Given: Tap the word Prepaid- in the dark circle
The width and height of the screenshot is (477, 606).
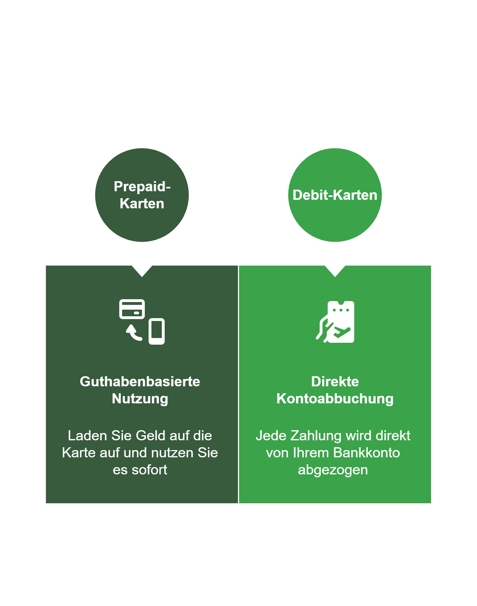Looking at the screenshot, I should [142, 187].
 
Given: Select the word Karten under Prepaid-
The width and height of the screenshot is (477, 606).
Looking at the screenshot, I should [142, 204].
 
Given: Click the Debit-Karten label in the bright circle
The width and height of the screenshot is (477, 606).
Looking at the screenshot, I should [335, 195].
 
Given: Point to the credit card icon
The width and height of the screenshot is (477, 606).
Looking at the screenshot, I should [132, 309].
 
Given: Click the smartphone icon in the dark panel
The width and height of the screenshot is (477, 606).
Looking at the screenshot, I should [156, 331].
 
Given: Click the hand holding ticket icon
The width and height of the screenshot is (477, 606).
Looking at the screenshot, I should [336, 322].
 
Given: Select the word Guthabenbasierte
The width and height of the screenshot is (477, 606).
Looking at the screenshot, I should [140, 382].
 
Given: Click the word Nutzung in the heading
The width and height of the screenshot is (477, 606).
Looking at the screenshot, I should [140, 399].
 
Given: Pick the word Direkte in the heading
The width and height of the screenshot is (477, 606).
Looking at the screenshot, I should [335, 382].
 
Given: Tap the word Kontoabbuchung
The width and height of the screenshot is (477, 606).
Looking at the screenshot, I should [335, 399].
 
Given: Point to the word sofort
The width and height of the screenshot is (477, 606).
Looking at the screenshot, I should [149, 470].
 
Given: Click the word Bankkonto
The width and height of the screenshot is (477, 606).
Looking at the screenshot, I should [366, 453].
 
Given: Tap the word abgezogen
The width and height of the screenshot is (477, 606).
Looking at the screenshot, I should [333, 470].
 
